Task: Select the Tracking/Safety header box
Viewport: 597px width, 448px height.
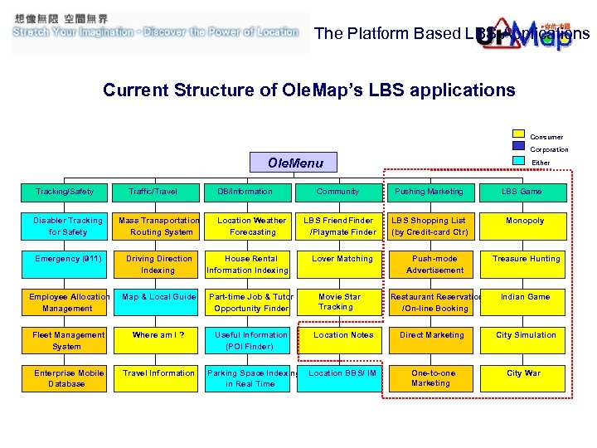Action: click(66, 192)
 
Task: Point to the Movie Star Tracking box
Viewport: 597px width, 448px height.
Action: click(341, 302)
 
